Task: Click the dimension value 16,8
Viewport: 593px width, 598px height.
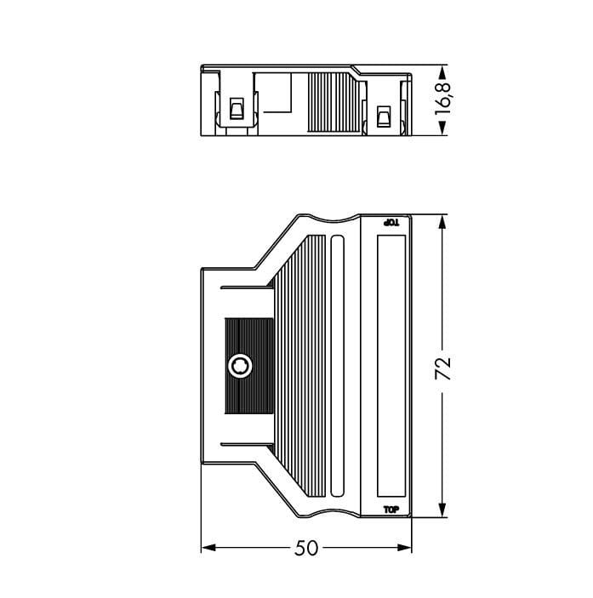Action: point(442,100)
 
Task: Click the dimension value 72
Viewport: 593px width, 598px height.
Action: point(442,367)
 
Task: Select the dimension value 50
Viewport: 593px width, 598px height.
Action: point(306,548)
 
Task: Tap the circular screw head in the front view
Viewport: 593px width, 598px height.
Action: point(240,366)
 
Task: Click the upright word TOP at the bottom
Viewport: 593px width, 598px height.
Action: point(391,510)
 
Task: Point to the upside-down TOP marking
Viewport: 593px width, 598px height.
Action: point(391,222)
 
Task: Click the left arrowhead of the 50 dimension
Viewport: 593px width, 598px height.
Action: point(208,548)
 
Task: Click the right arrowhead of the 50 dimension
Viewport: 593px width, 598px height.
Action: point(405,548)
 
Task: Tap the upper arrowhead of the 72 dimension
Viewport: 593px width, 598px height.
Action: point(442,223)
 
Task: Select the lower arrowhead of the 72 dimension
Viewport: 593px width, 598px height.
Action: point(442,510)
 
